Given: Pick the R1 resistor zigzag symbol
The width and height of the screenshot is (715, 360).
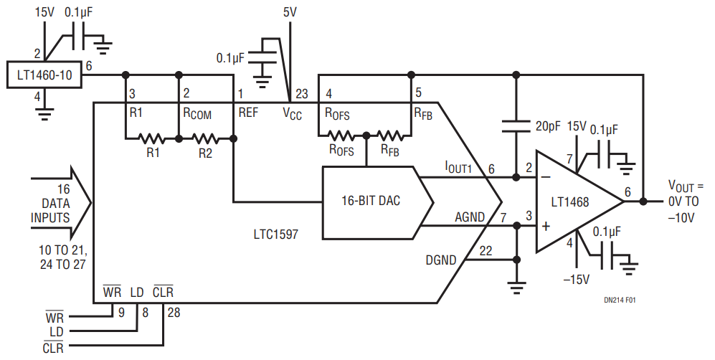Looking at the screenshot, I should (x=151, y=138).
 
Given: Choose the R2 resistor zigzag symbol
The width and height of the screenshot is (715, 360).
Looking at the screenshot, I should (x=205, y=138).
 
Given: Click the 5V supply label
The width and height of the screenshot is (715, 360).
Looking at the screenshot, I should (x=290, y=12).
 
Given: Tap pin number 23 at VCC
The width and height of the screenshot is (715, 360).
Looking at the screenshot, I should (x=302, y=94).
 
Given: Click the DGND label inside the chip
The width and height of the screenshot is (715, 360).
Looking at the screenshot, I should (x=440, y=260).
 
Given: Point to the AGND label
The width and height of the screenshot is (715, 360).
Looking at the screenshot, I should (x=469, y=217).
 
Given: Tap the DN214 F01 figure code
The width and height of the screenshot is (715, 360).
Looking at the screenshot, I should (x=619, y=300).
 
